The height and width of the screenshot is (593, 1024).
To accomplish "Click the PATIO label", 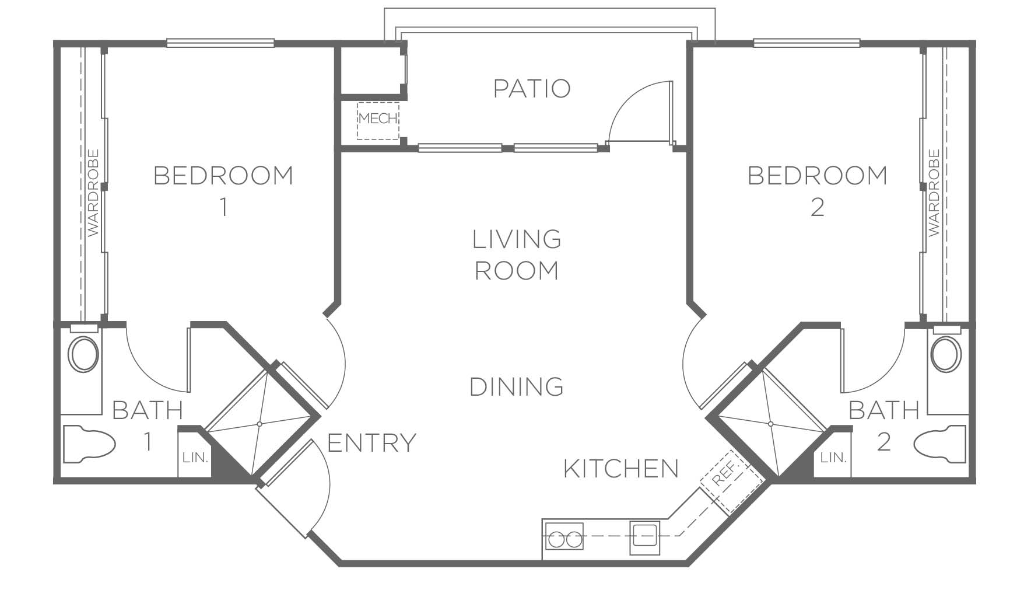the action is pyautogui.click(x=532, y=89).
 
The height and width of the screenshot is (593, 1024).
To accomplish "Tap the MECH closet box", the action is pyautogui.click(x=378, y=121).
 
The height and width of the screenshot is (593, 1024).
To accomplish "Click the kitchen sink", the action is pyautogui.click(x=644, y=538).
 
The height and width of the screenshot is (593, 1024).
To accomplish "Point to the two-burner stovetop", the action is pyautogui.click(x=564, y=536).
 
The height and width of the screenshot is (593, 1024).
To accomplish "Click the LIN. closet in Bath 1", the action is pyautogui.click(x=195, y=457).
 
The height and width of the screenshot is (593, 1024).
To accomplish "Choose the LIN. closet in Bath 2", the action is pyautogui.click(x=833, y=457).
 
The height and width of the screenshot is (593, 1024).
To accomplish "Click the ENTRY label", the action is pyautogui.click(x=371, y=443).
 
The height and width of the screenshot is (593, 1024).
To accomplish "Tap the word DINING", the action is pyautogui.click(x=517, y=387).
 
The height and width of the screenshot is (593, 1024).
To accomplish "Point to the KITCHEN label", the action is pyautogui.click(x=621, y=469).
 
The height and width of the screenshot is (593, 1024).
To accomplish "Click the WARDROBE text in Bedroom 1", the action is pyautogui.click(x=93, y=193).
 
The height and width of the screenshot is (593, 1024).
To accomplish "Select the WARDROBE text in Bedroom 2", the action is pyautogui.click(x=934, y=193).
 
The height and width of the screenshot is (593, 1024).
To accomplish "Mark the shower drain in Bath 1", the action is pyautogui.click(x=259, y=423).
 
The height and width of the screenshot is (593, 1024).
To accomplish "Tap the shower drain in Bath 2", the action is pyautogui.click(x=771, y=423).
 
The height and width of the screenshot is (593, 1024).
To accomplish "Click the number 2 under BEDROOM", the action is pyautogui.click(x=818, y=207).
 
